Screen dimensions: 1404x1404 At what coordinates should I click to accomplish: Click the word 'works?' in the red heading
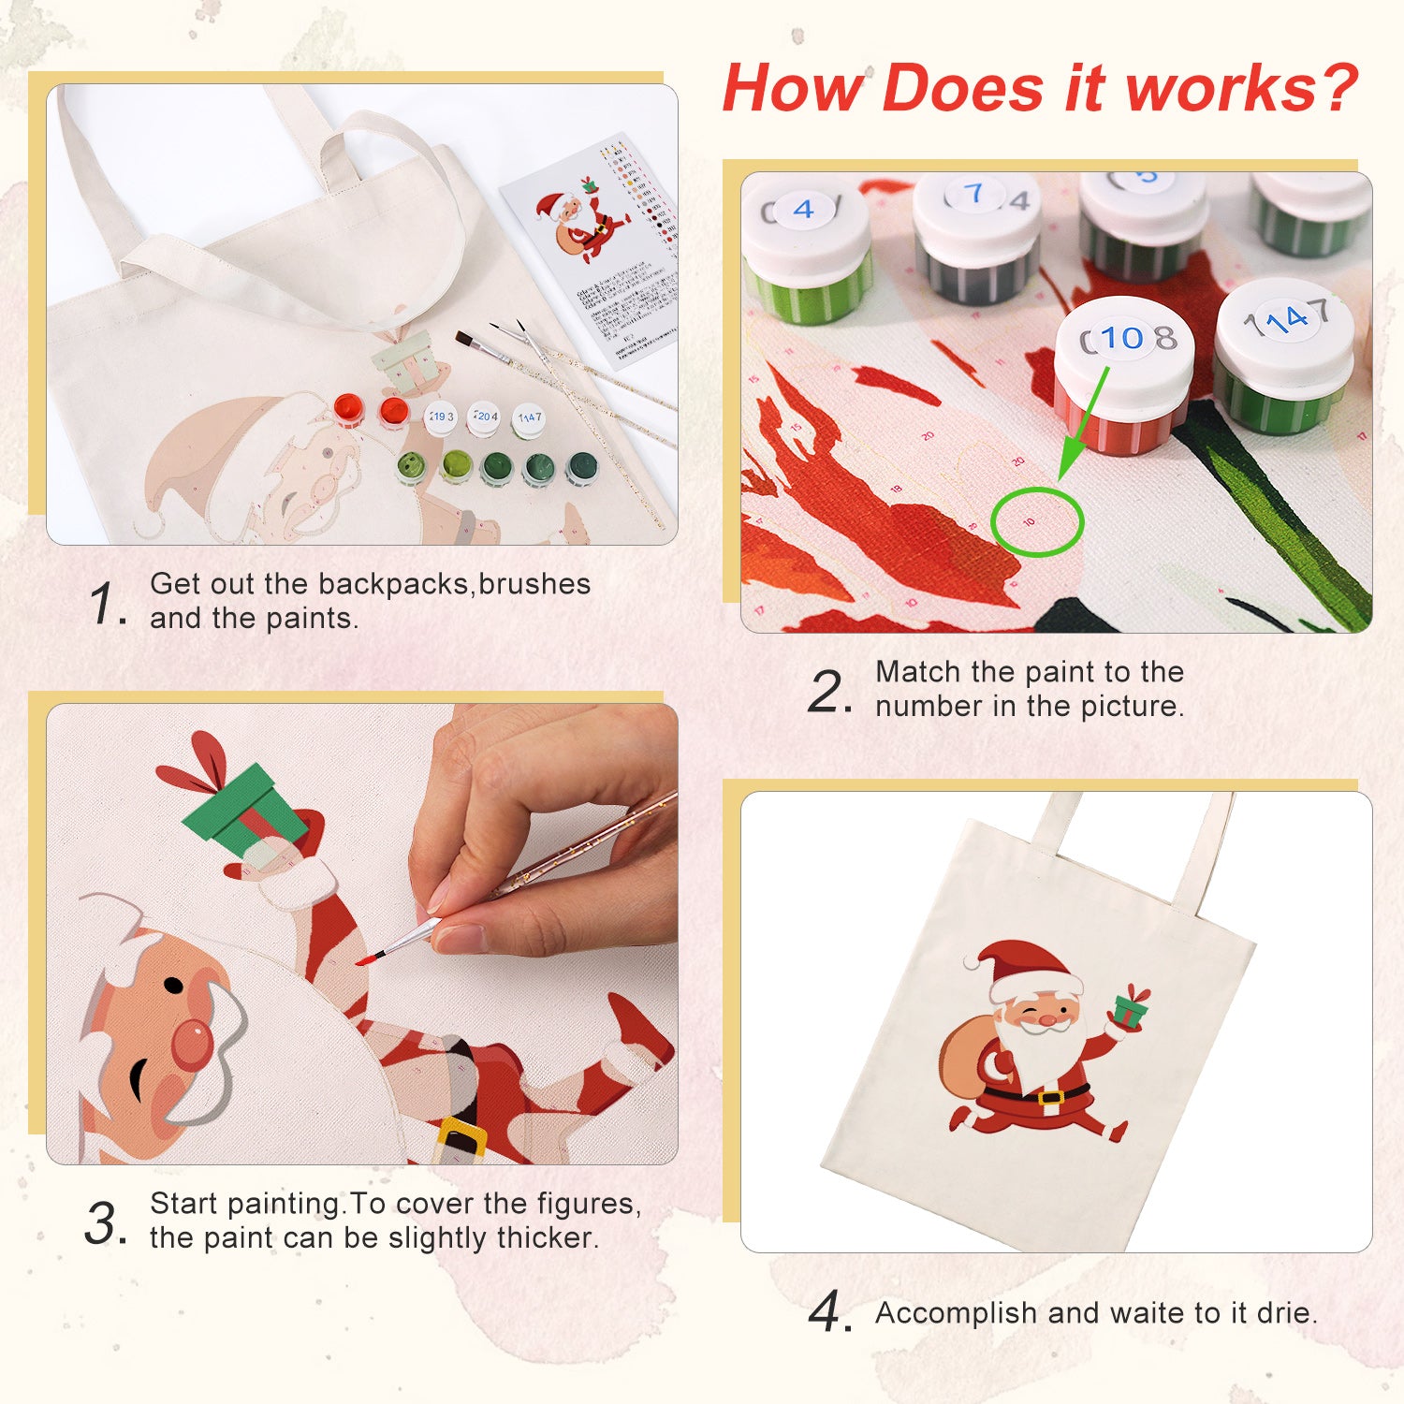1241,89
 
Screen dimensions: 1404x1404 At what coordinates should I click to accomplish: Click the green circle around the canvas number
1036,521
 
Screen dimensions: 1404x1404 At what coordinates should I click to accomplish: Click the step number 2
828,693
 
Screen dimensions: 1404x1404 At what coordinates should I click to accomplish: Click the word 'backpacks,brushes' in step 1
454,584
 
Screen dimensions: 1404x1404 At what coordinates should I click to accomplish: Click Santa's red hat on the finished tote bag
1025,969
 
